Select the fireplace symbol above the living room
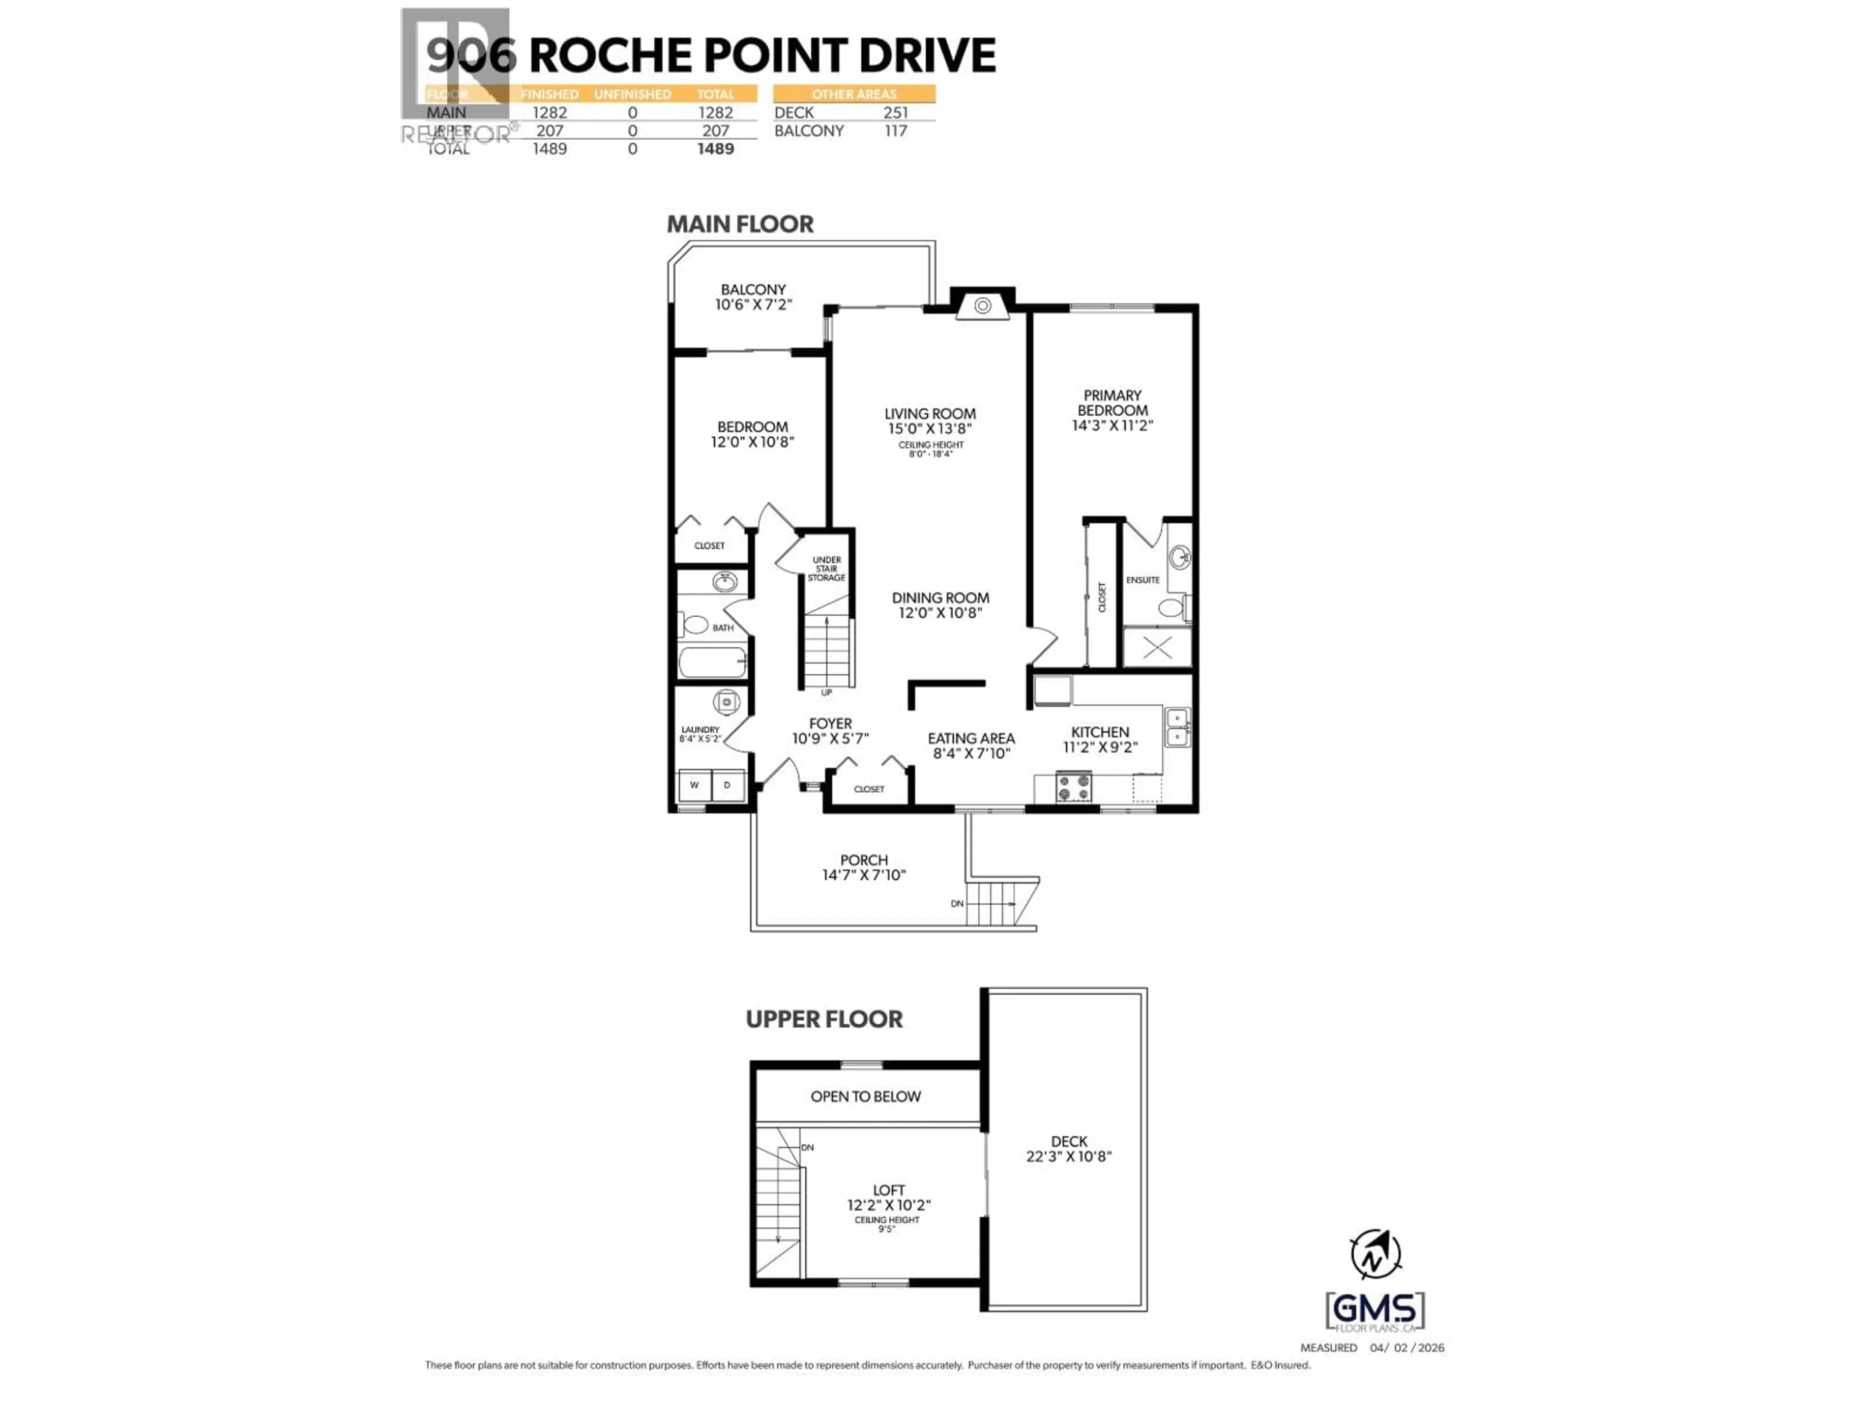pos(982,306)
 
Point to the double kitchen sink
pos(1177,728)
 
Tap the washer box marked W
pos(694,785)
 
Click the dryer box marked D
pos(727,785)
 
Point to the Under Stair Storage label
pos(826,569)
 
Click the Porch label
pos(863,860)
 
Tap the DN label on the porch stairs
pos(956,904)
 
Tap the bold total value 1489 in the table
pos(715,149)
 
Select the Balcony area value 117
pos(896,131)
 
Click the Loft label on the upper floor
pos(889,1190)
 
